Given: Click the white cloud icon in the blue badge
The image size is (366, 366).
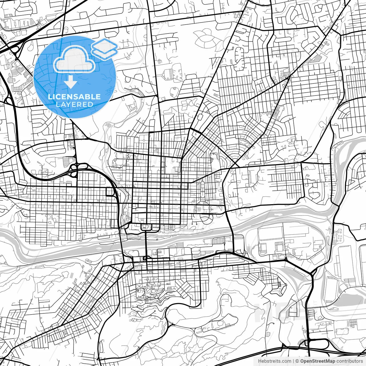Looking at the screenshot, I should [x=74, y=59].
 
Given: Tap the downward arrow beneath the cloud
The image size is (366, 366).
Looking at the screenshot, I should [x=70, y=83].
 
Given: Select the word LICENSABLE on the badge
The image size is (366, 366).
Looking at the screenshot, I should [x=74, y=97].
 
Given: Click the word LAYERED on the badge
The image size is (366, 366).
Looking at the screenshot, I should [x=74, y=104].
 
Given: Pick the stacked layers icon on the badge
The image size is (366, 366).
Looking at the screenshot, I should [x=104, y=49].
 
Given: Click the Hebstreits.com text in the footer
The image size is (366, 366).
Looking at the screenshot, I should [x=274, y=361].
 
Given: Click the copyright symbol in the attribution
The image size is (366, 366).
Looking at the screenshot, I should [x=297, y=361].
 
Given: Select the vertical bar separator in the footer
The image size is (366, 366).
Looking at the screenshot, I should [x=294, y=361].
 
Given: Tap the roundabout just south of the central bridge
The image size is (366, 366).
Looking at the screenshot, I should [x=145, y=259].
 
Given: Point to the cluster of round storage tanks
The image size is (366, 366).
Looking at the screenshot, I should [x=339, y=236].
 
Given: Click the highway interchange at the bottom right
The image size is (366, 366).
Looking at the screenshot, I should [x=307, y=343].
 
